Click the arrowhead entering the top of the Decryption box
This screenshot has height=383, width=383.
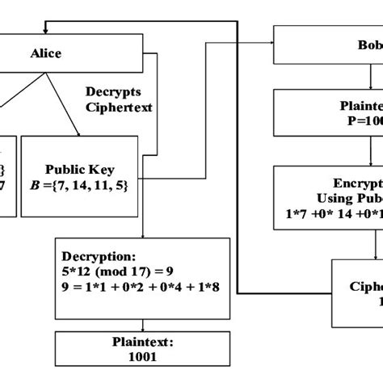pyautogui.click(x=143, y=235)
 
